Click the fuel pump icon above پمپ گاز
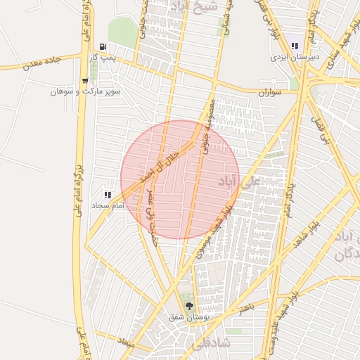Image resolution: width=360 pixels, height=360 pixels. (103, 46)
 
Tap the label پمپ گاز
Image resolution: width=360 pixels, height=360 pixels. (103, 56)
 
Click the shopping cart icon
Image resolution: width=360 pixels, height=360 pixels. (85, 81)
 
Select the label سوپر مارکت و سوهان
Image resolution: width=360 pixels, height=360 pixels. (85, 91)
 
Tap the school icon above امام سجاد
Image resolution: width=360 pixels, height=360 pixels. (108, 195)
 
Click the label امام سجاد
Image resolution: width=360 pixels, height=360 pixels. (108, 205)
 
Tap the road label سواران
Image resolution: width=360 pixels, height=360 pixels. (269, 92)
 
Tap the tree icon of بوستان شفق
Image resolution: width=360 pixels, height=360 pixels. (188, 305)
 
